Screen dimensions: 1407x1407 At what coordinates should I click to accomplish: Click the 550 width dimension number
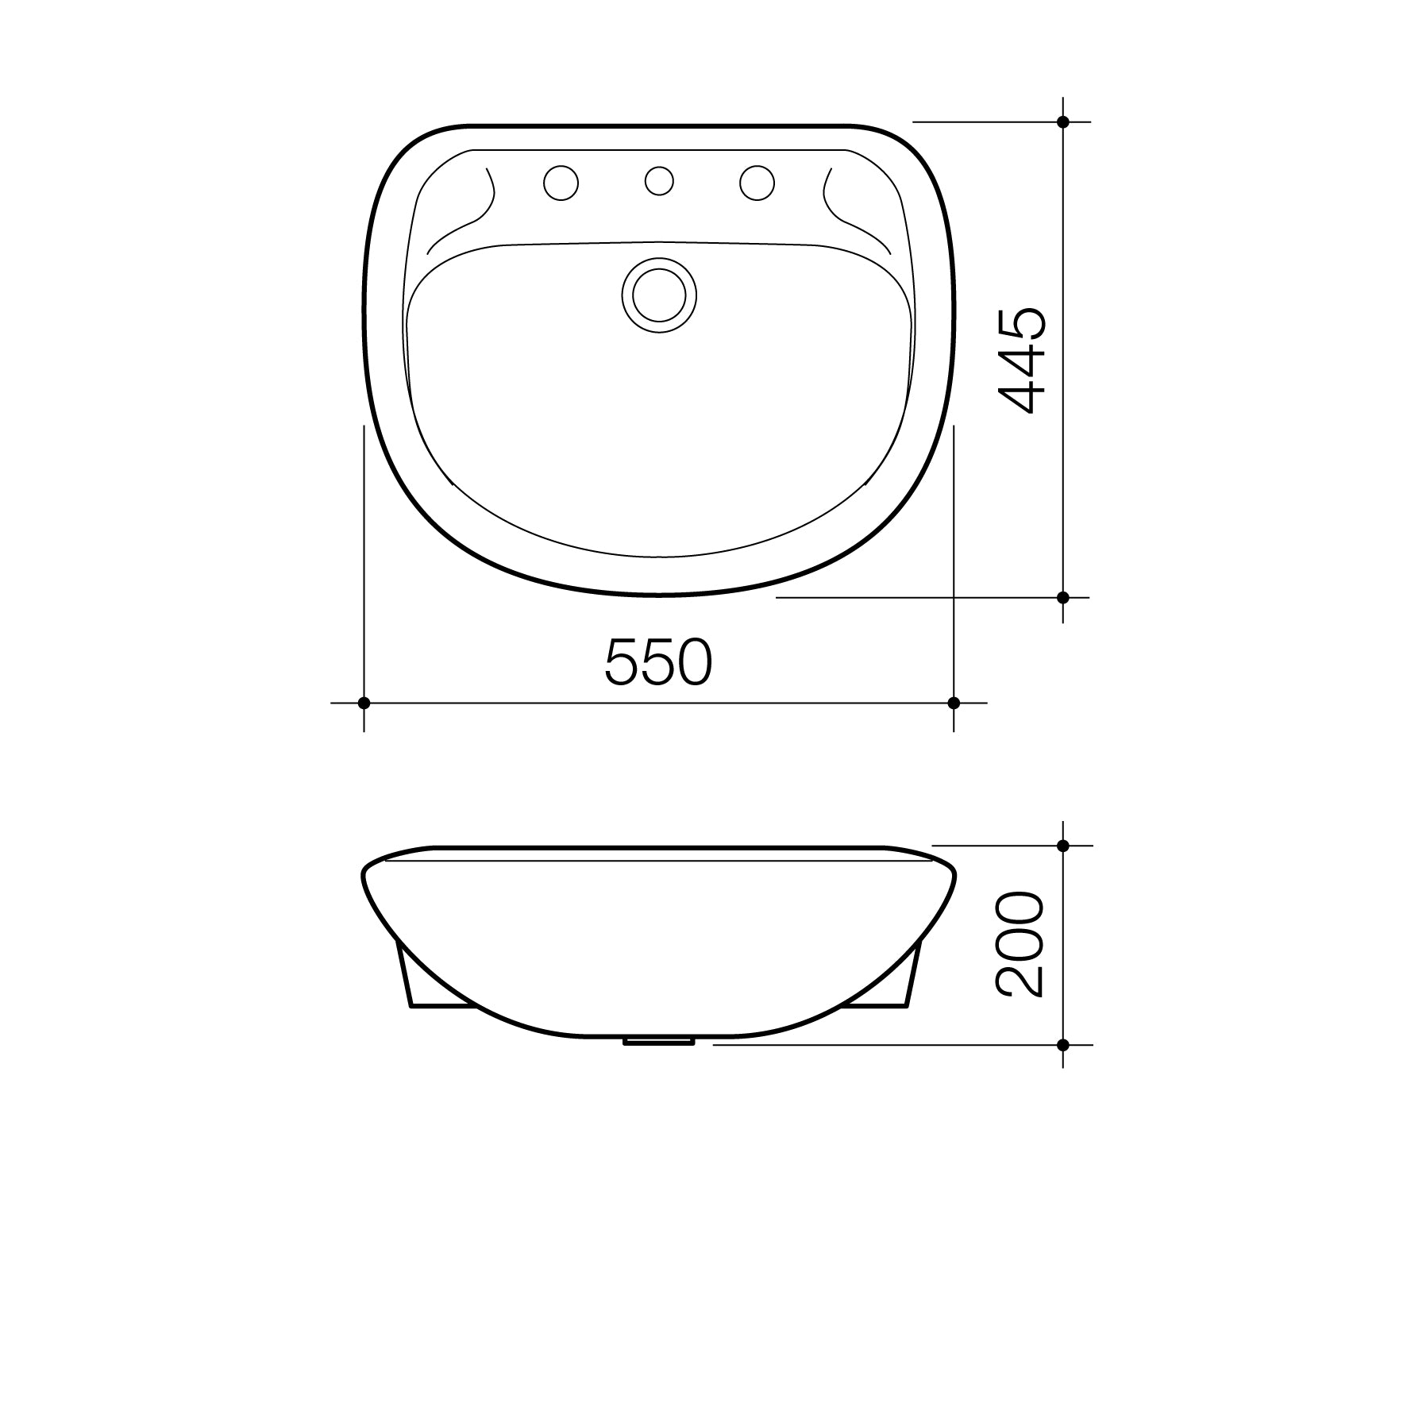[x=658, y=662]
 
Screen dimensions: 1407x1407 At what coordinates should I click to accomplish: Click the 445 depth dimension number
[x=1022, y=360]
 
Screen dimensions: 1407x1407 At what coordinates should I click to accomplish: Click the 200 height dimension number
[x=1020, y=945]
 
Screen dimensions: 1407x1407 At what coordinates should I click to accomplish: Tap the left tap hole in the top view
[x=561, y=183]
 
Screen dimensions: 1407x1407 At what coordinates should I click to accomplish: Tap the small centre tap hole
[x=659, y=181]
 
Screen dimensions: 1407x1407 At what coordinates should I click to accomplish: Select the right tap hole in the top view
[x=757, y=183]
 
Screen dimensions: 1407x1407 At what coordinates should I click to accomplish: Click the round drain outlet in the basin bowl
[x=659, y=295]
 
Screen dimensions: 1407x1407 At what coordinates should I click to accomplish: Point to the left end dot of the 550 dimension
[x=364, y=703]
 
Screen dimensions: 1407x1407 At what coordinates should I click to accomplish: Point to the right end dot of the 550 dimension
[x=954, y=703]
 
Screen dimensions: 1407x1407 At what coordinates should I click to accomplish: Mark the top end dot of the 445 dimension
[x=1063, y=121]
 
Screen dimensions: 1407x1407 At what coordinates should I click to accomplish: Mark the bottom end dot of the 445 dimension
[x=1063, y=597]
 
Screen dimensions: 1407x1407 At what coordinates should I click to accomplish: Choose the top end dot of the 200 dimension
[x=1063, y=846]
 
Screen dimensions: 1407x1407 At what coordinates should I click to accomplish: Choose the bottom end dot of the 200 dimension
[x=1063, y=1045]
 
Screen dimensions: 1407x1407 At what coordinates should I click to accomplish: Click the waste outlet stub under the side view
[x=660, y=1041]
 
